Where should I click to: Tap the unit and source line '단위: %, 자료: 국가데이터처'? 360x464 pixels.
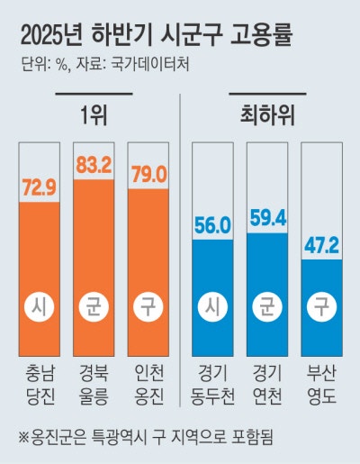click(104, 67)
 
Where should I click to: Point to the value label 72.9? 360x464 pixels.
click(38, 190)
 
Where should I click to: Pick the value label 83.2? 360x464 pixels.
click(93, 166)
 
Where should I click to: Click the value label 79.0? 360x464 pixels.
click(148, 176)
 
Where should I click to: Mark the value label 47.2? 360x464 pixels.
click(322, 247)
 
